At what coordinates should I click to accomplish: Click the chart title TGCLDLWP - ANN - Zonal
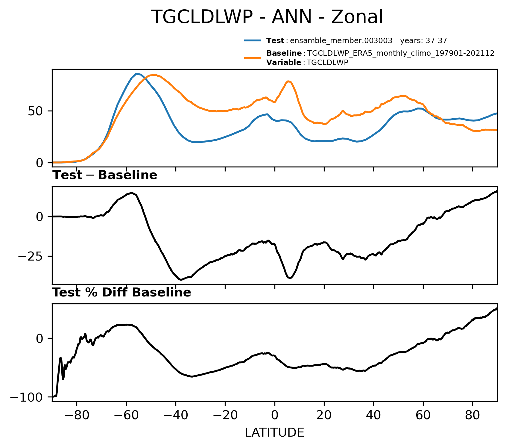pos(267,17)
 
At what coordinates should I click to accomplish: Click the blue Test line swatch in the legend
pos(253,40)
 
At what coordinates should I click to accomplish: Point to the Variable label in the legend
pos(284,63)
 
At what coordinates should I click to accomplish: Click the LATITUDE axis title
pos(274,433)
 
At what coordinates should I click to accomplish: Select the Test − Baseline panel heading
pos(105,175)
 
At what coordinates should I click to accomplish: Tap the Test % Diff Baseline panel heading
pos(122,293)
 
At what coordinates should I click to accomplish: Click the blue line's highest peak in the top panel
pos(136,74)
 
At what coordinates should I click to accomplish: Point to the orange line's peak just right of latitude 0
pos(288,81)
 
